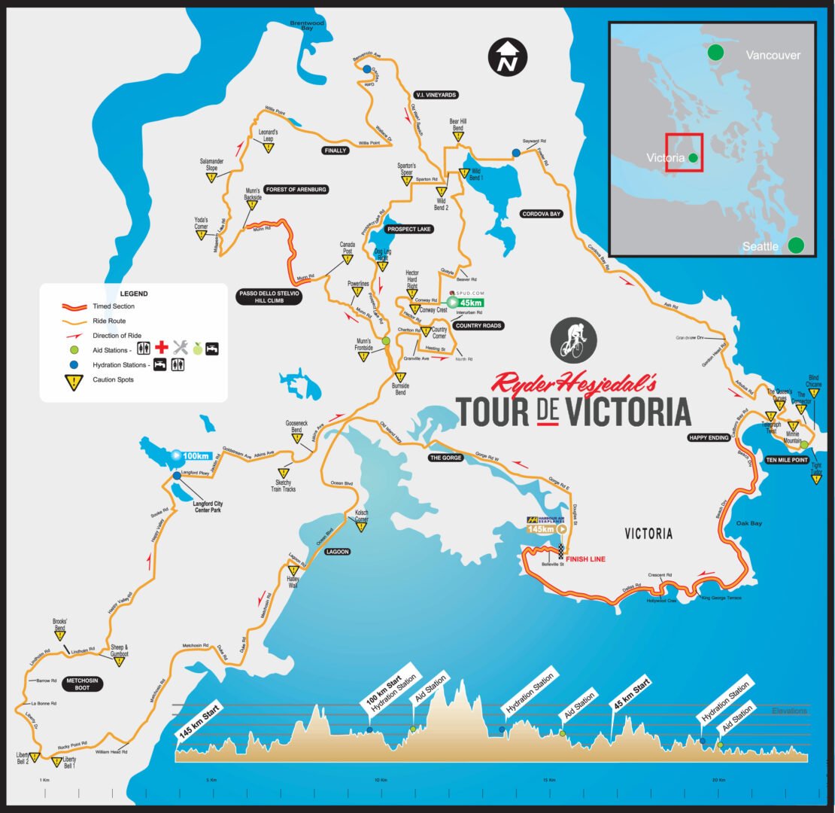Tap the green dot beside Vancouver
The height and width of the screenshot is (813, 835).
[715, 53]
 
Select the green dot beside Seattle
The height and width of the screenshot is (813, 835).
[796, 245]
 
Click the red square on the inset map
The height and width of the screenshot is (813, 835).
[684, 153]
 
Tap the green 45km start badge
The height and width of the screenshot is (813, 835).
[466, 303]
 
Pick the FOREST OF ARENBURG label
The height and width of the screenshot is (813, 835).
[296, 190]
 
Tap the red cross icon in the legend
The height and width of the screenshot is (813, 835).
[160, 348]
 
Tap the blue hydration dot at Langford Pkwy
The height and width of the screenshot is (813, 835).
[176, 476]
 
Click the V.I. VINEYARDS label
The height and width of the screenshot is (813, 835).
[436, 95]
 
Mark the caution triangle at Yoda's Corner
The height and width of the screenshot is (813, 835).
[201, 236]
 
